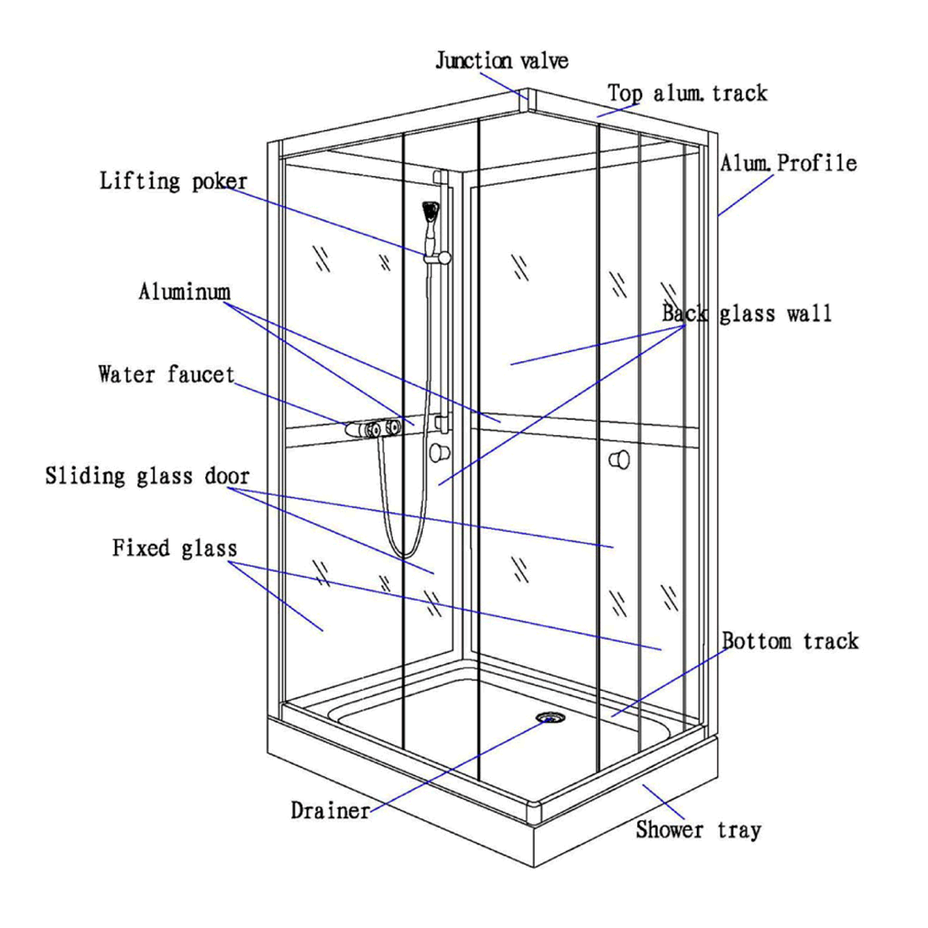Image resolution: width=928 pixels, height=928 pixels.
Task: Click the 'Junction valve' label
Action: click(x=501, y=61)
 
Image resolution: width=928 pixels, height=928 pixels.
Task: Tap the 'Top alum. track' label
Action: click(x=688, y=93)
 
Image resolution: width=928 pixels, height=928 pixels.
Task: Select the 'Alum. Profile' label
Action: click(x=788, y=163)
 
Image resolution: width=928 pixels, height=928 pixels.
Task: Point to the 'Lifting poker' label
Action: click(x=174, y=181)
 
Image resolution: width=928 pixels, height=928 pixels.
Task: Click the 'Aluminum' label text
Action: click(x=184, y=292)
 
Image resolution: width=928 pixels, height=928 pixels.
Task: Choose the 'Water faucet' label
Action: click(x=166, y=374)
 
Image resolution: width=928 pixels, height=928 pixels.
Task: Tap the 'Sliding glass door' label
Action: click(x=148, y=476)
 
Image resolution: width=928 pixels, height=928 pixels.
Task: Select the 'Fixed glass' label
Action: click(x=175, y=548)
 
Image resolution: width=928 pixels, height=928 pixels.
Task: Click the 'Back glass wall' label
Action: click(x=747, y=314)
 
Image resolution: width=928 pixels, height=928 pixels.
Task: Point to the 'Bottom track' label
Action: click(x=790, y=641)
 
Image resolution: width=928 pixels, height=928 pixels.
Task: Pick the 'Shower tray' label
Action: click(x=699, y=830)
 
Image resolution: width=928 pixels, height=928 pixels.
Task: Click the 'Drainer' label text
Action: click(x=330, y=811)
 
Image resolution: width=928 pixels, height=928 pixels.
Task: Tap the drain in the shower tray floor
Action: click(x=549, y=718)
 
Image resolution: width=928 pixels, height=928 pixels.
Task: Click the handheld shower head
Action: click(x=431, y=212)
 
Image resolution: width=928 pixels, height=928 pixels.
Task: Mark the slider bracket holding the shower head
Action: click(x=439, y=256)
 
